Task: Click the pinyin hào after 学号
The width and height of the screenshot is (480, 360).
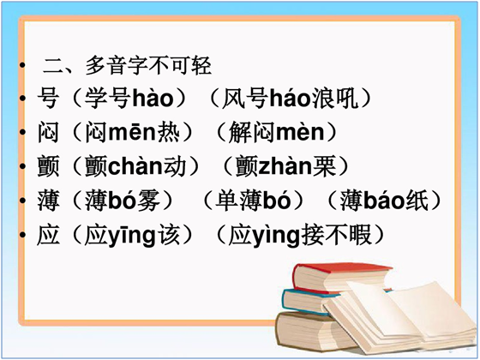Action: tap(153, 98)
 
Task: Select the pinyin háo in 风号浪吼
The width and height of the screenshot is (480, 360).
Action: tap(290, 98)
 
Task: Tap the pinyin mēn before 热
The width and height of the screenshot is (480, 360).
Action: tap(132, 132)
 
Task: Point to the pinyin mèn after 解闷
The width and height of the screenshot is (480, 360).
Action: tap(301, 132)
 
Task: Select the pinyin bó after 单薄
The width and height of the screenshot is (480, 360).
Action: tap(277, 201)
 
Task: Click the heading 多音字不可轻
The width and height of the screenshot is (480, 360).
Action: tap(148, 65)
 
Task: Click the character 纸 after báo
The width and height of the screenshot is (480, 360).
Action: tap(417, 201)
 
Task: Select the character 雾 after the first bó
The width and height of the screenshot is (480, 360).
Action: tap(149, 201)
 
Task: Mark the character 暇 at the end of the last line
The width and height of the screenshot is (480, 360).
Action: tap(360, 235)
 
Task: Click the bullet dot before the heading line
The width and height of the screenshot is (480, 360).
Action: tap(21, 65)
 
